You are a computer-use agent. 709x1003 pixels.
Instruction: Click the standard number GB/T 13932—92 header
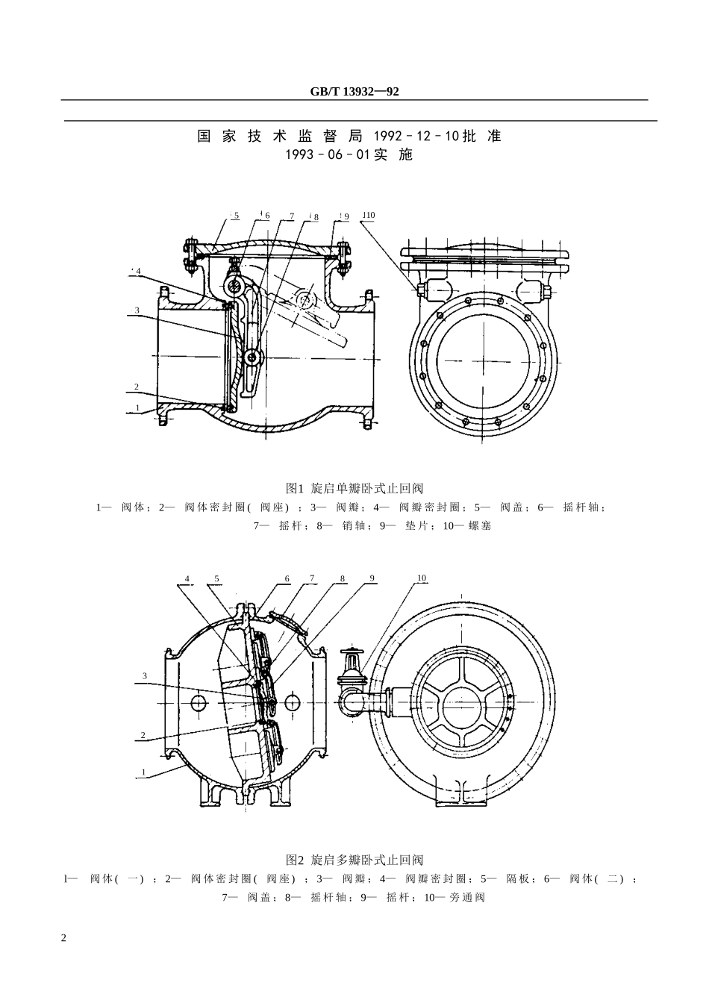[x=354, y=92]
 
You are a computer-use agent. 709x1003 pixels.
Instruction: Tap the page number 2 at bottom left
[x=63, y=937]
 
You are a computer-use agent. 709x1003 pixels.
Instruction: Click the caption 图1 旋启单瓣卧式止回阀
[x=354, y=489]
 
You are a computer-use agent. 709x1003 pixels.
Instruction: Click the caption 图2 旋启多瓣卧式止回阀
[x=354, y=860]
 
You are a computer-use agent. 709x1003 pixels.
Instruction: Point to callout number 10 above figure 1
[x=369, y=216]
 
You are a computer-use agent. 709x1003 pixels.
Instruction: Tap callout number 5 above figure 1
[x=237, y=216]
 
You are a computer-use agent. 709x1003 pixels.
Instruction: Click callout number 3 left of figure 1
[x=137, y=310]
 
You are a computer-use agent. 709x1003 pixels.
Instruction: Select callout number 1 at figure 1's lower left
[x=137, y=408]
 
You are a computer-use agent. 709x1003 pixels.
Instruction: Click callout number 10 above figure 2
[x=422, y=578]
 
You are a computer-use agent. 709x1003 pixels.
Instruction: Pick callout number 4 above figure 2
[x=187, y=578]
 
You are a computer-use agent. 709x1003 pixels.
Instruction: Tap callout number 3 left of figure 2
[x=145, y=676]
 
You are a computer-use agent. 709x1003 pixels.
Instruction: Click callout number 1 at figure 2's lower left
[x=143, y=772]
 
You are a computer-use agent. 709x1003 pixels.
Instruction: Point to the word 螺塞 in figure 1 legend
[x=480, y=526]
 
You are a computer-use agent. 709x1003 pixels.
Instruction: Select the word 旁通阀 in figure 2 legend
[x=467, y=897]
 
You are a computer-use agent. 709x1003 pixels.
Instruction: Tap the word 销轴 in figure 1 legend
[x=353, y=526]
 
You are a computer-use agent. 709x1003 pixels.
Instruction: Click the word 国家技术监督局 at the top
[x=279, y=137]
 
